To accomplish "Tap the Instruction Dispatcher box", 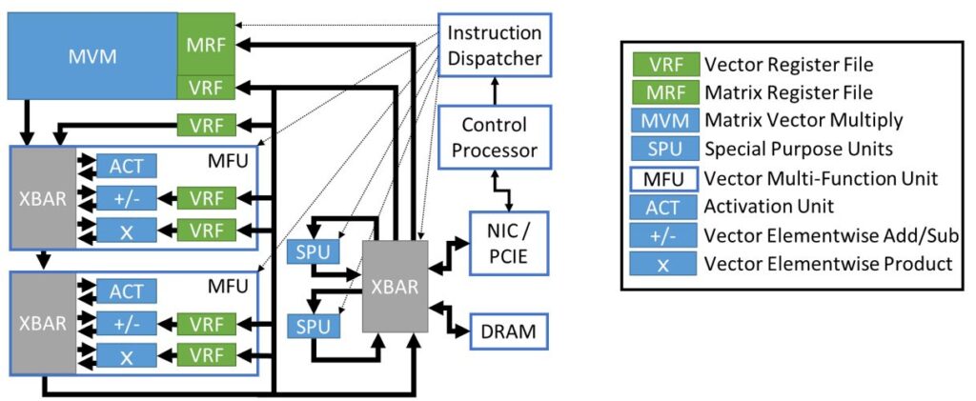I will pos(494,46).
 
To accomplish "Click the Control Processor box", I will pos(494,137).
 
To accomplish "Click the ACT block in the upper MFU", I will pos(126,167).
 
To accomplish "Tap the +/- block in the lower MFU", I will pos(126,323).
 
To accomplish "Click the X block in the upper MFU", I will pos(126,230).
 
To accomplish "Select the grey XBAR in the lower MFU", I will pos(44,322).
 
